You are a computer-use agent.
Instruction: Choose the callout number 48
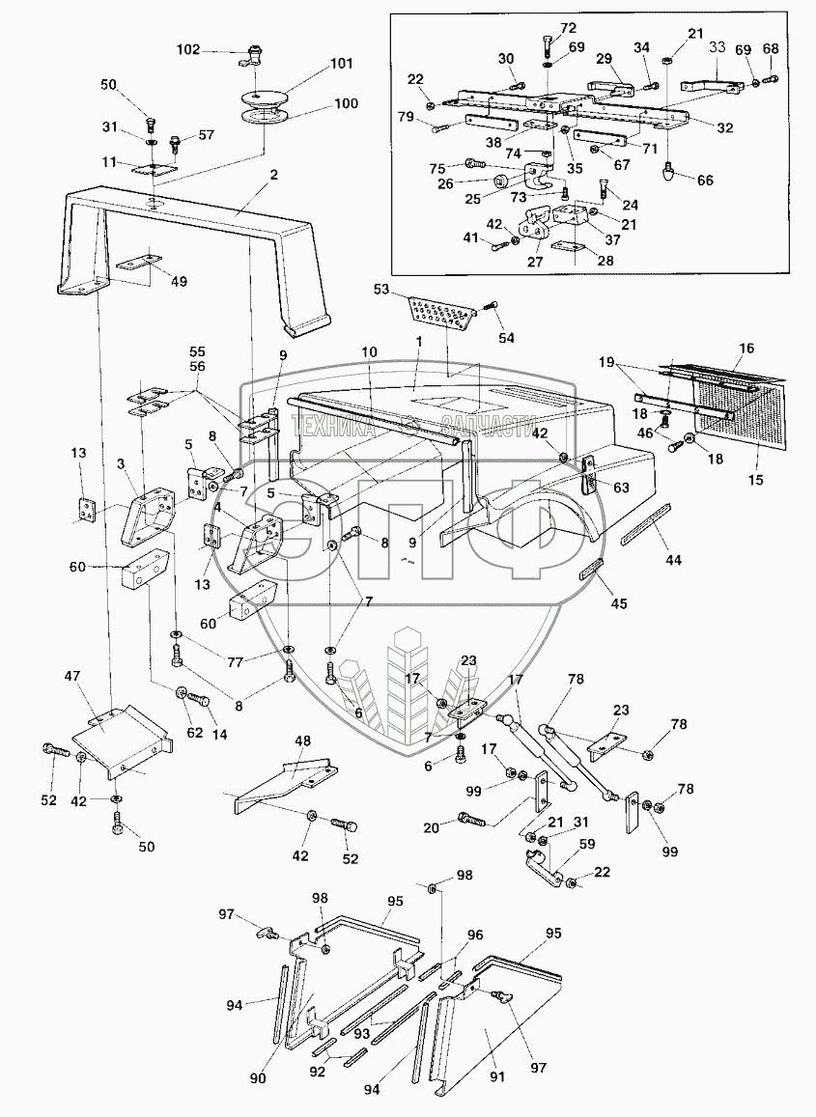pyautogui.click(x=302, y=741)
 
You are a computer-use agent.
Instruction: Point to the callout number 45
pyautogui.click(x=617, y=603)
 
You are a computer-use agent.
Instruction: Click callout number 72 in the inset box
pyautogui.click(x=567, y=28)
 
